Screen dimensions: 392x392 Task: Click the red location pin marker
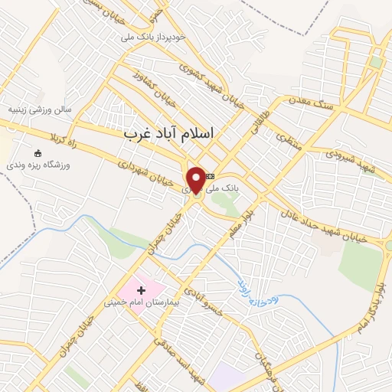(x=196, y=179)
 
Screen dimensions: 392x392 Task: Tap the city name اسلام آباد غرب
(x=169, y=133)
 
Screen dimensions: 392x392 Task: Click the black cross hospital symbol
(x=141, y=290)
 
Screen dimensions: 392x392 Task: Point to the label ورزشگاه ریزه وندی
(x=38, y=165)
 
